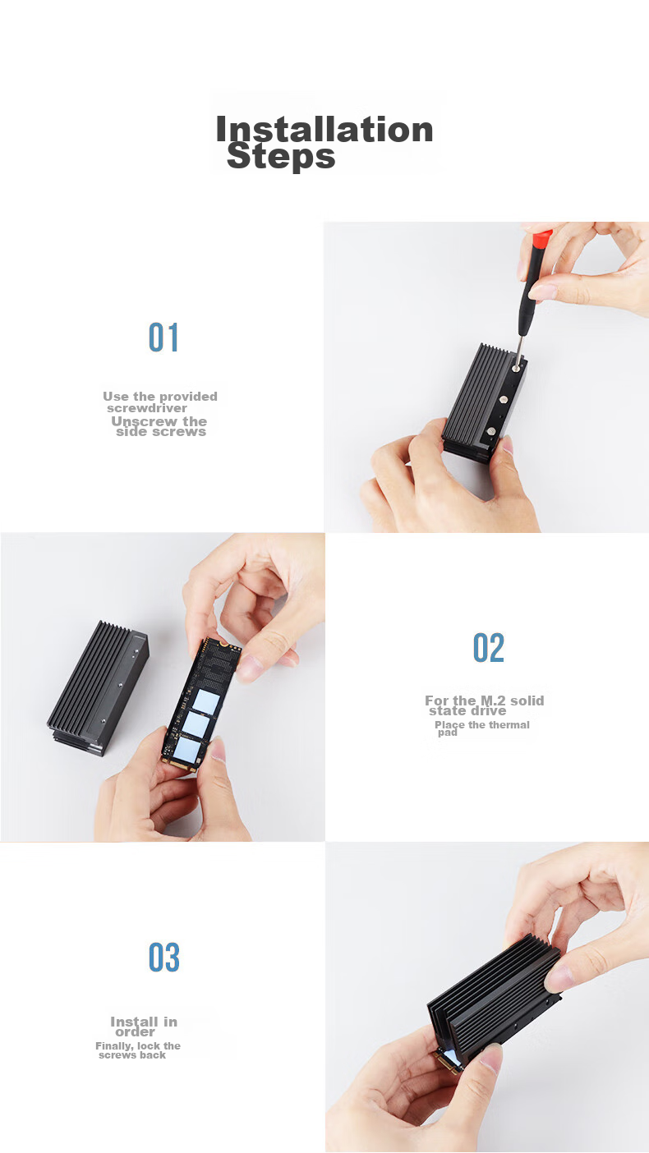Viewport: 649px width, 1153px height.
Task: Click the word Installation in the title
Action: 324,129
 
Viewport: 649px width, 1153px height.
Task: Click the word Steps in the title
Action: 281,156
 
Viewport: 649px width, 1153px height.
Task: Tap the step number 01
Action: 163,338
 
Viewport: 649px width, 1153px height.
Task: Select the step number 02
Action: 488,647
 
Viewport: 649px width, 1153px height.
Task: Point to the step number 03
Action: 163,958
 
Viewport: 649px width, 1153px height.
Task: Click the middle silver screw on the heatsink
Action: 504,398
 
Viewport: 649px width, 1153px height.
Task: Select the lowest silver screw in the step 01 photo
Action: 491,431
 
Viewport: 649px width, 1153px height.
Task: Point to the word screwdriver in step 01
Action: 147,408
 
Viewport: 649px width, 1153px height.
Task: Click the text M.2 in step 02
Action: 493,701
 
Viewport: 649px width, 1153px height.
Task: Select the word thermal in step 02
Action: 509,725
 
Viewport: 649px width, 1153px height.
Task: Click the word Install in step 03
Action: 135,1022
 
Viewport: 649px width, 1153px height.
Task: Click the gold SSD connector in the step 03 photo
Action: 447,1063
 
